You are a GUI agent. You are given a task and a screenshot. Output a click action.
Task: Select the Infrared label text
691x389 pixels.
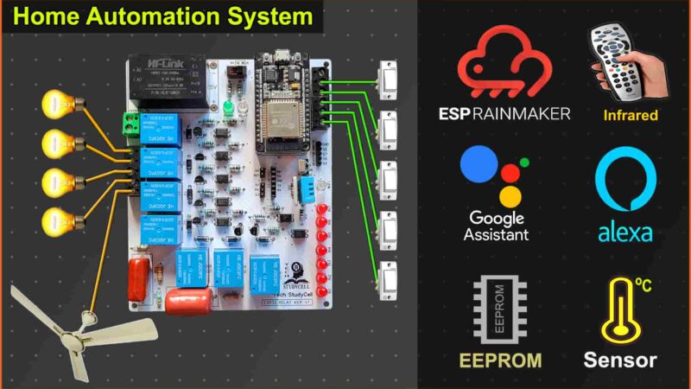pyautogui.click(x=631, y=114)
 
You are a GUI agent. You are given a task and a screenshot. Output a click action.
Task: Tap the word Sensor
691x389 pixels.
pyautogui.click(x=620, y=360)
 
